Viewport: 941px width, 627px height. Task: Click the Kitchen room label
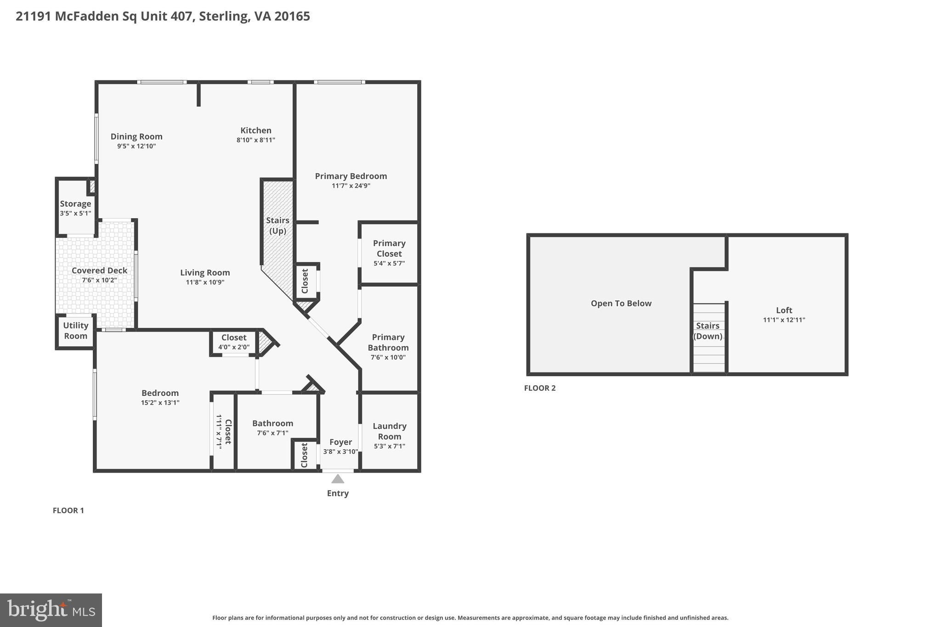[x=256, y=130]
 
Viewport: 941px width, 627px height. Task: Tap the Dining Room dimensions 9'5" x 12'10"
[x=136, y=147]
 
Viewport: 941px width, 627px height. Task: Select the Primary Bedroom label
[x=351, y=176]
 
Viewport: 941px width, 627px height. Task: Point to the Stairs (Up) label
[x=278, y=226]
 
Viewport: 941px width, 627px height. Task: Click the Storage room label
[x=75, y=203]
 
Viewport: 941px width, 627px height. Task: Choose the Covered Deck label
[x=99, y=271]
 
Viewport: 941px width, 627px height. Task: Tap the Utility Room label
[x=76, y=331]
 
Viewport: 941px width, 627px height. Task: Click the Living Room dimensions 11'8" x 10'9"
[x=205, y=282]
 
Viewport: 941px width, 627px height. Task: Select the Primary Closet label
[x=389, y=249]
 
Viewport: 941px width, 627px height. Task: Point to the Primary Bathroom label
[x=388, y=343]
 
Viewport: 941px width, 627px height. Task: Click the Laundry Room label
[x=390, y=431]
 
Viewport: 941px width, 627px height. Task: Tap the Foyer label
[x=340, y=442]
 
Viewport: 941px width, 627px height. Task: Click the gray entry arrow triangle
[x=338, y=479]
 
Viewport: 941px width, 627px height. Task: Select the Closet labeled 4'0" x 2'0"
[x=234, y=338]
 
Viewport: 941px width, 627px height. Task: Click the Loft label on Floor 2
[x=784, y=310]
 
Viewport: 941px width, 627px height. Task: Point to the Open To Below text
[x=621, y=303]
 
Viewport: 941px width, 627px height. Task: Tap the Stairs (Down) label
[x=708, y=331]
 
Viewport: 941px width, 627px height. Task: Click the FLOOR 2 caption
[x=539, y=388]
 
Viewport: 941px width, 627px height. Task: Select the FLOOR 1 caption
[x=68, y=510]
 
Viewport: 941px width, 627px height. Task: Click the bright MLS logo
[x=51, y=610]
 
